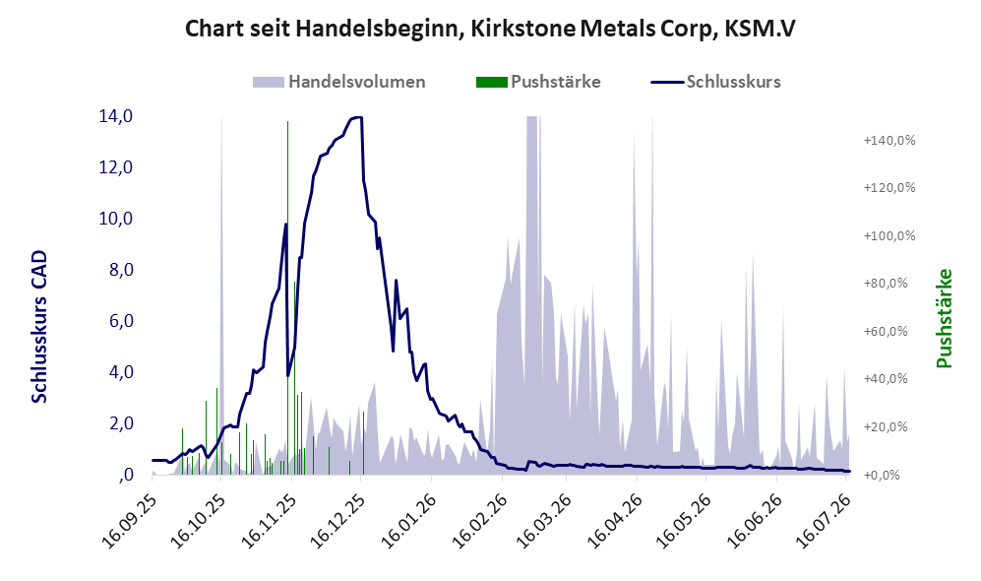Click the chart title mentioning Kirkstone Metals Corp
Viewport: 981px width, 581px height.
coord(490,29)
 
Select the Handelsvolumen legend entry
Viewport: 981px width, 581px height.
coord(339,82)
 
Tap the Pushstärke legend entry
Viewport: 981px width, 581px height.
coord(538,82)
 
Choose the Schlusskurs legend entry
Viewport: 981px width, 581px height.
coord(715,82)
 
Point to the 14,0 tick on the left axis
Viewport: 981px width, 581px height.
coord(115,116)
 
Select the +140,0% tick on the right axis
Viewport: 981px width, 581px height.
coord(889,140)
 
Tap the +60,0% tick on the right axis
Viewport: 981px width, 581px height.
coord(889,331)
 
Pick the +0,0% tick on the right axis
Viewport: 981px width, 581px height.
coord(889,475)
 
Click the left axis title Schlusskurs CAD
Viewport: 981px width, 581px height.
coord(38,326)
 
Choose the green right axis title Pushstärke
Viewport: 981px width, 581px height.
coord(944,318)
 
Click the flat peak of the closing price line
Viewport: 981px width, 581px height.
coord(356,118)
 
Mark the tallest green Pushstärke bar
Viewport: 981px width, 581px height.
coord(287,297)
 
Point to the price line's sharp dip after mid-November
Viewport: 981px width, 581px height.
coord(287,375)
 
